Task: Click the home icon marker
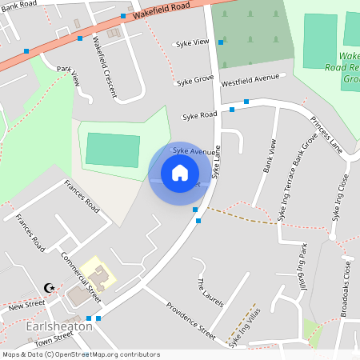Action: pos(180,173)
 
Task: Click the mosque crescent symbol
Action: pos(51,286)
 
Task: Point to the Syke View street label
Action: pos(192,42)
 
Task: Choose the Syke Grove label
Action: pos(195,81)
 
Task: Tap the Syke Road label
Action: pos(199,116)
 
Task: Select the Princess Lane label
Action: pos(326,136)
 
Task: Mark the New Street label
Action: pos(26,306)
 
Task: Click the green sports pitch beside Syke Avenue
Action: pos(112,150)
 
